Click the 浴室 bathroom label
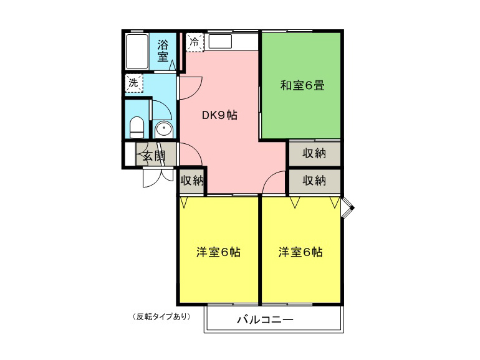pos(163,51)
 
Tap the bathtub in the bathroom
pos(137,52)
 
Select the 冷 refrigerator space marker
pos(194,42)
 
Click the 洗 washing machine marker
pos(134,83)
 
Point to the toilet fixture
pos(137,127)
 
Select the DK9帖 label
pos(219,115)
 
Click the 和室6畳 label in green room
pos(302,85)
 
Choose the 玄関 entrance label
pos(155,156)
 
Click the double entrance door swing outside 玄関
pos(158,178)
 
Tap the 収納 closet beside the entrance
pos(192,181)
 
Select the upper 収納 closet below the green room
pos(315,153)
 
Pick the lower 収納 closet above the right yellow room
pos(315,181)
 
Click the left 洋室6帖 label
pos(218,252)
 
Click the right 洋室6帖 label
pos(300,252)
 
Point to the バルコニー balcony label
pos(265,320)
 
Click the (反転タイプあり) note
pos(161,317)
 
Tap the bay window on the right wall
pos(347,208)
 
